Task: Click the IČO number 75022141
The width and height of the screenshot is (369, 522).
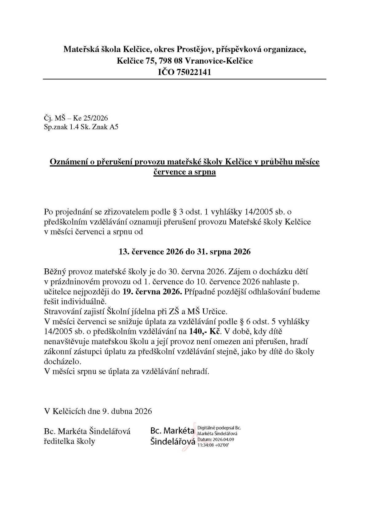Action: [194, 72]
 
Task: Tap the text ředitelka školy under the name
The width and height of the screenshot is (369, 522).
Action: [69, 441]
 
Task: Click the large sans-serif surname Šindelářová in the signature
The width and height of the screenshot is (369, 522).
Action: [173, 441]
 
